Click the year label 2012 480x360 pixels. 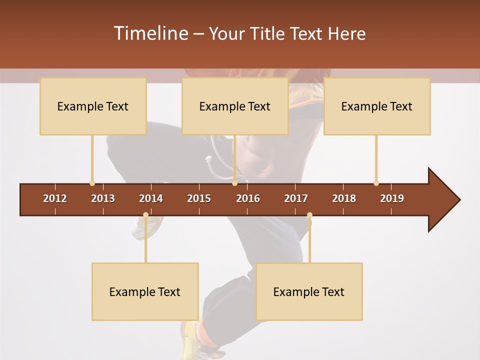(x=55, y=198)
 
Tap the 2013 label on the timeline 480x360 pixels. (x=103, y=198)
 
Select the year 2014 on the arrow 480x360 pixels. (x=151, y=198)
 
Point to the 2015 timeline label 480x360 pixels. (x=199, y=198)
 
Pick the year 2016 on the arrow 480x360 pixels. (x=248, y=198)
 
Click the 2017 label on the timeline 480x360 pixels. (x=296, y=198)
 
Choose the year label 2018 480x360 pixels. (x=344, y=198)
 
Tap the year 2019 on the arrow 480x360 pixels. (x=392, y=198)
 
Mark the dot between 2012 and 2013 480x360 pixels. (x=92, y=183)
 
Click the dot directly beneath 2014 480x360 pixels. (x=145, y=215)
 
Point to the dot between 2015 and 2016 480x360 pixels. (x=234, y=183)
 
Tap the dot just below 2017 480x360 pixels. (x=309, y=215)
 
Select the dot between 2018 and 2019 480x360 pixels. (x=376, y=183)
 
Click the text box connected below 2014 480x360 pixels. (x=145, y=291)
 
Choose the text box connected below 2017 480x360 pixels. (x=309, y=291)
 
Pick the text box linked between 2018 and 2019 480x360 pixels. (x=377, y=106)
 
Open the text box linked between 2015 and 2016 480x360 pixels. (x=235, y=106)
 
